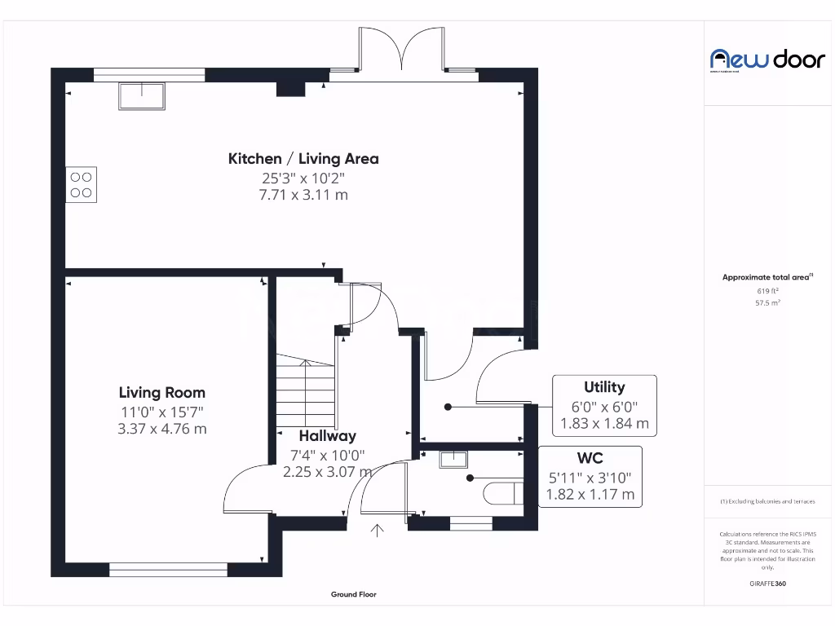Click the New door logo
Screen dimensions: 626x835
click(756, 59)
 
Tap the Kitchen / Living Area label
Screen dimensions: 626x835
click(303, 159)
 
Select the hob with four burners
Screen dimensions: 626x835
click(81, 184)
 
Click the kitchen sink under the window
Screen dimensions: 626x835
click(143, 96)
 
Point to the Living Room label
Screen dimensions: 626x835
click(161, 393)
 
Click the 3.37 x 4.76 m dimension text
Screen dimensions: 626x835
click(161, 428)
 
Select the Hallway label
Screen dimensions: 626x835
click(327, 436)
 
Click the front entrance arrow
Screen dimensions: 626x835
click(378, 531)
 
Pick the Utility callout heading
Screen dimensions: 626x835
click(604, 387)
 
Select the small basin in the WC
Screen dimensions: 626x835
click(451, 459)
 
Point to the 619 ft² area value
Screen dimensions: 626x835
click(767, 290)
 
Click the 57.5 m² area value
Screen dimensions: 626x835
click(767, 302)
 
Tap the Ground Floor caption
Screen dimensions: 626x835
click(354, 595)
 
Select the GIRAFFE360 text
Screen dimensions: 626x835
click(767, 584)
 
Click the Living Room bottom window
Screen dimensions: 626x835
click(168, 570)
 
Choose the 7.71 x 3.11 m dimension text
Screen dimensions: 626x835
click(303, 195)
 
